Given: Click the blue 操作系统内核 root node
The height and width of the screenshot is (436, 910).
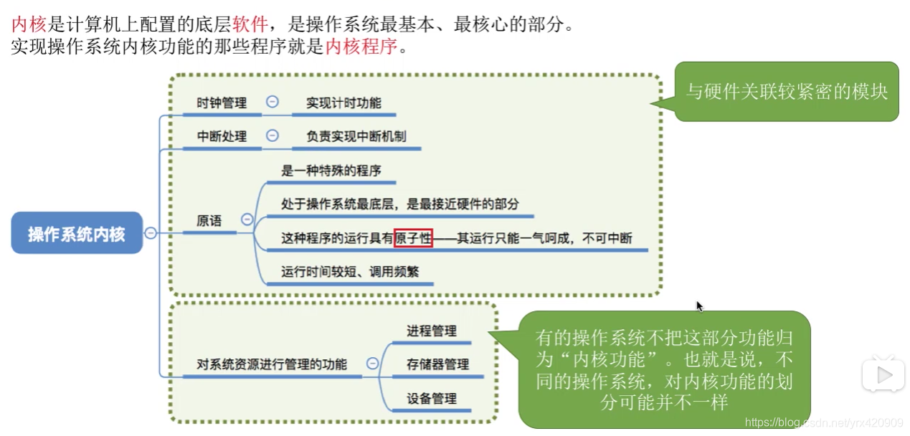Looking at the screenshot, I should point(77,234).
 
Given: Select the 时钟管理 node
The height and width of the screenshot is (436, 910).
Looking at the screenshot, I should point(222,103).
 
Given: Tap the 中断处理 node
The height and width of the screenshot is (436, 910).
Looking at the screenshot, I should point(222,136).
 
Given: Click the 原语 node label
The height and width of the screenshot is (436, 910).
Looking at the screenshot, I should point(209,222).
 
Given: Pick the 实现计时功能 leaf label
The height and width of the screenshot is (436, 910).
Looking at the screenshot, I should point(343,103).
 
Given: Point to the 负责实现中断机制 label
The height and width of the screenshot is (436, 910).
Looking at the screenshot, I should point(356,136).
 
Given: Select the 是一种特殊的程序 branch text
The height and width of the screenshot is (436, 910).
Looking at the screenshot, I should point(331,171).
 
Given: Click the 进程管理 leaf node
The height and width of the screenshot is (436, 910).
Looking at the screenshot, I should point(432,331).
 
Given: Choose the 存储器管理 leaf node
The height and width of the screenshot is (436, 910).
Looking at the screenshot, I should point(437,364).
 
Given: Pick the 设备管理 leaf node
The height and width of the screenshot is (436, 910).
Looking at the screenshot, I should point(432,398).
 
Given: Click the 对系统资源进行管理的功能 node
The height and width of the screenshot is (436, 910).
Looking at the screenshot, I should point(272,364).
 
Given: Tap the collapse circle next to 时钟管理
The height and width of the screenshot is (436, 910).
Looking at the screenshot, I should point(272,102).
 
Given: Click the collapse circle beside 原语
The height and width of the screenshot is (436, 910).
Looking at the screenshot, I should point(247,220).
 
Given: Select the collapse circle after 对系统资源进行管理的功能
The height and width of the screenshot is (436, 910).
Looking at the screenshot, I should point(372,364).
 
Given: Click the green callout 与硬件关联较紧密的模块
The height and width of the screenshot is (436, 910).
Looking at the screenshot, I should point(787,92).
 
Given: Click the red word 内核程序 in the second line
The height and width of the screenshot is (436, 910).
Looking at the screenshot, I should point(361,47).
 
